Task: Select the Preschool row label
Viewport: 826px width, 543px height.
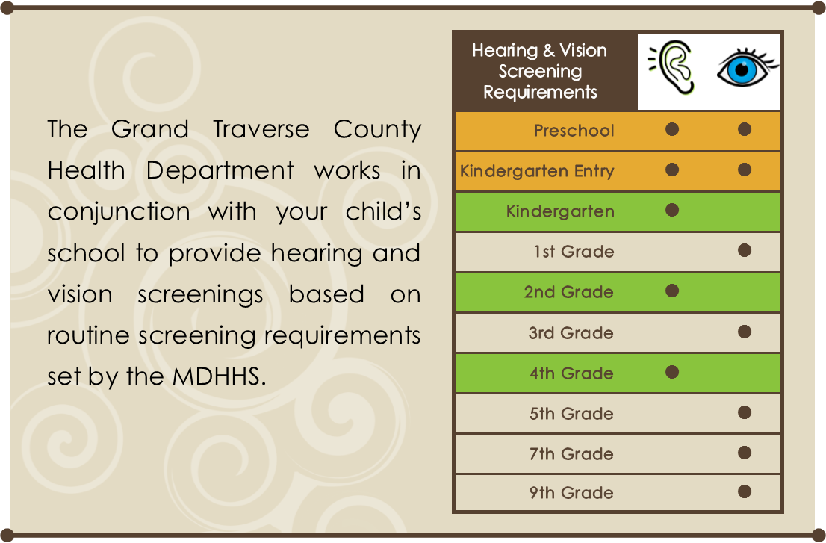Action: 574,131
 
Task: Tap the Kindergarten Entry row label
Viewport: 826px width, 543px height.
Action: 537,171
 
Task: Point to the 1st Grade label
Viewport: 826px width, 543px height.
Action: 574,252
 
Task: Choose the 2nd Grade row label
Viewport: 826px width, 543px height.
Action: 569,292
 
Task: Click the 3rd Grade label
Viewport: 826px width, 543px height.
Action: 571,333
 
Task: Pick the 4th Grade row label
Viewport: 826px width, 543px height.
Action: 571,373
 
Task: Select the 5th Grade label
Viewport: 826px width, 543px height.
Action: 571,414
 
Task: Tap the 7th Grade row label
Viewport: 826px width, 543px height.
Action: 571,454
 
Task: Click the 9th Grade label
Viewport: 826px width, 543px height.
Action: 571,493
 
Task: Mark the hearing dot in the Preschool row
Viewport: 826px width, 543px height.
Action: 672,129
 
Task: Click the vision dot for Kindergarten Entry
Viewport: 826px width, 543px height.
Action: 744,170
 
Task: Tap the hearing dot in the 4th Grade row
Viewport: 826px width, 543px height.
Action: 672,371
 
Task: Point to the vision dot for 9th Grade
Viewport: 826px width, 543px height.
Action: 744,491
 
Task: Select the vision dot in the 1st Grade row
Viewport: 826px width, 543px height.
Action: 744,250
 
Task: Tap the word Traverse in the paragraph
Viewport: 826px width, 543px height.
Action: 261,129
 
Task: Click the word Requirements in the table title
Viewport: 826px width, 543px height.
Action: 540,93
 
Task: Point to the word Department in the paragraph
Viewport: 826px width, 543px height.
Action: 220,170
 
